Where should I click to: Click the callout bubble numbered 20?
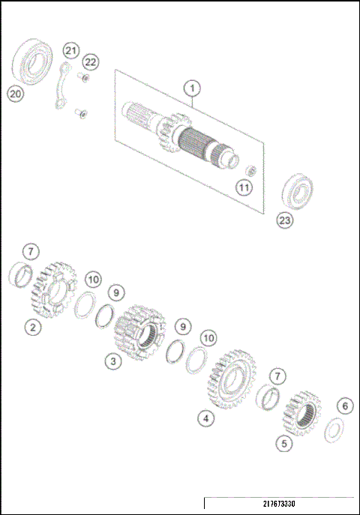(x=15, y=93)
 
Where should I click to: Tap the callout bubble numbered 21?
(x=70, y=50)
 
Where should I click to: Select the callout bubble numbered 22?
(x=91, y=61)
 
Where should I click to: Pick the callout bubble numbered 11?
(x=244, y=187)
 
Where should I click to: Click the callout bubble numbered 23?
(x=285, y=220)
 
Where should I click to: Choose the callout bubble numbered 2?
(x=31, y=327)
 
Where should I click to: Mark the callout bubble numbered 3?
(x=112, y=361)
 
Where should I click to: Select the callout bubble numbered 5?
(x=282, y=443)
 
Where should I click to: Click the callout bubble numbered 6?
(x=344, y=406)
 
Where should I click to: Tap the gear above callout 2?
(x=53, y=289)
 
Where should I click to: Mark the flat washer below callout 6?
(x=334, y=430)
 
